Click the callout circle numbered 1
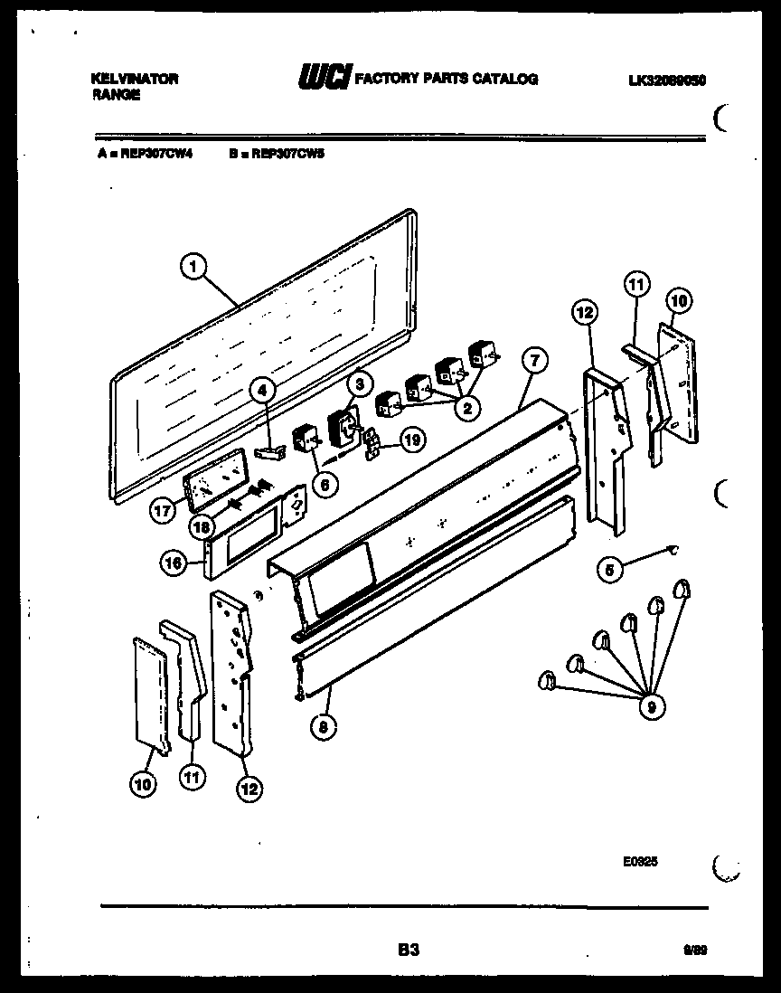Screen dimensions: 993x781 coord(193,266)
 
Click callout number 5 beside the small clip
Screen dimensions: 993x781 coord(610,569)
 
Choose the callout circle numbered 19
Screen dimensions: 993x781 coord(411,440)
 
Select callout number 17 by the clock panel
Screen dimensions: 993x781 coord(162,511)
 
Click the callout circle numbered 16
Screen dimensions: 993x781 coord(174,563)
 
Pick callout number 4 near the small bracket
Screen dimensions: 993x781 coord(262,391)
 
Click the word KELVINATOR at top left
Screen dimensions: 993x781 coord(135,79)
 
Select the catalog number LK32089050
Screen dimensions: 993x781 coord(667,80)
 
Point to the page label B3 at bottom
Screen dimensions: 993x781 coord(409,950)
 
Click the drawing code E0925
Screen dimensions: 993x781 coord(640,862)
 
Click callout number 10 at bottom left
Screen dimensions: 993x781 coord(142,785)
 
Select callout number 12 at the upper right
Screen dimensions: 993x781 coord(585,312)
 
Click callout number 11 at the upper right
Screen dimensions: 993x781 coord(636,284)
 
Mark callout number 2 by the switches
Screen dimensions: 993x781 coord(466,407)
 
